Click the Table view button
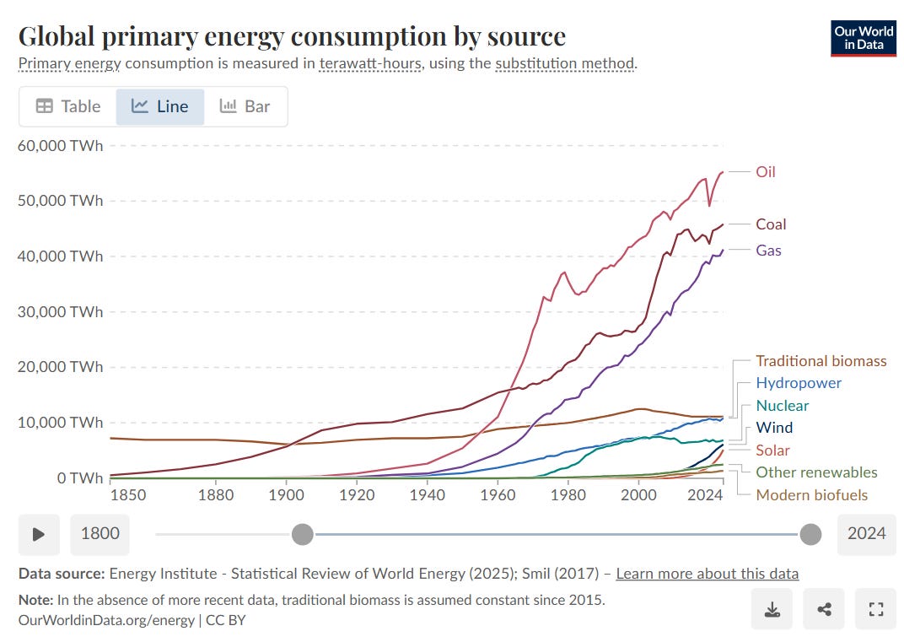coord(68,106)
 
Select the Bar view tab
coord(245,106)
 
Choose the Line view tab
coord(159,106)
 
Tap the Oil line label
coord(765,172)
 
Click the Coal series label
coord(771,224)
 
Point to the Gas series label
coord(768,251)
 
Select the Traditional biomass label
coord(821,361)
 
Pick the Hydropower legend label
coord(798,383)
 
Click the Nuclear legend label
coord(782,406)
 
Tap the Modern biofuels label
coord(811,495)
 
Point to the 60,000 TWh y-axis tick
coord(60,146)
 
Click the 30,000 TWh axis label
coord(60,312)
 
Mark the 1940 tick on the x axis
coord(428,495)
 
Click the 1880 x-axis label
coord(216,495)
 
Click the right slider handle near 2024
coord(810,533)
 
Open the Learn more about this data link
coord(707,574)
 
